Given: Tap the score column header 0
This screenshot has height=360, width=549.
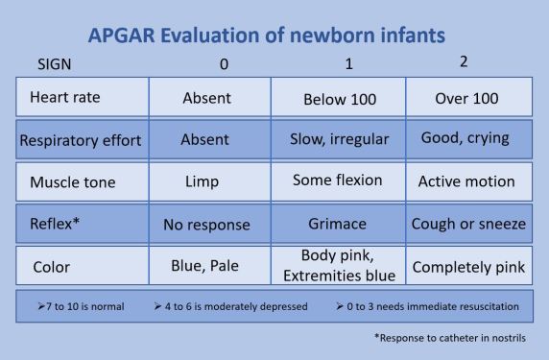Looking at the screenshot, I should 223,65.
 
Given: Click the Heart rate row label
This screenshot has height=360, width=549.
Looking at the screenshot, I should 64,97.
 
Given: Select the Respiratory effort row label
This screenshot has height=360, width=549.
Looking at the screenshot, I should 81,140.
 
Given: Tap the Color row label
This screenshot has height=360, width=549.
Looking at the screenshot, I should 50,267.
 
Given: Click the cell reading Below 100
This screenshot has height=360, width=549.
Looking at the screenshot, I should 338,98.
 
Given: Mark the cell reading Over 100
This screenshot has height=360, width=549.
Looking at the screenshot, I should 467,97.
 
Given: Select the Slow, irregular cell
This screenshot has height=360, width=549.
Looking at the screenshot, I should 339,139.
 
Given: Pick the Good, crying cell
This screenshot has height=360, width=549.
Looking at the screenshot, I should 467,138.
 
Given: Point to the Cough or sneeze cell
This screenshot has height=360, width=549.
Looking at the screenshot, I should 467,224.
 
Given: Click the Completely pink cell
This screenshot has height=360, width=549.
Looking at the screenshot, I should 467,267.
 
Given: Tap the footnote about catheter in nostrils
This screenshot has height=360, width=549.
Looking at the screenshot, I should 449,338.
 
